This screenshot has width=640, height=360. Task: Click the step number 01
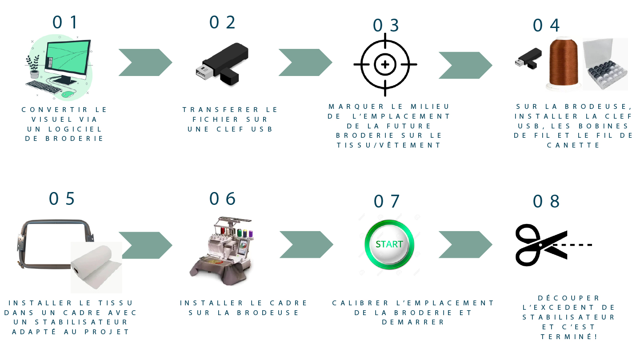65,22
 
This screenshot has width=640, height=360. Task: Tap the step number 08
546,201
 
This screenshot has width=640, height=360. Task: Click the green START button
389,244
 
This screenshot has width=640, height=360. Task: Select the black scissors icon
541,245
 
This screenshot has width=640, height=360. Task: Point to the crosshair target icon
385,65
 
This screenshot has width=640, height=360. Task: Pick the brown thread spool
564,63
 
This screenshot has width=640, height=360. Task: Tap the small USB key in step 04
528,58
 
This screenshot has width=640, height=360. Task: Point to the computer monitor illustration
67,60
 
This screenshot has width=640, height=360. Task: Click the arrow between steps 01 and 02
145,63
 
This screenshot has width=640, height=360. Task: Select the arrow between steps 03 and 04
465,65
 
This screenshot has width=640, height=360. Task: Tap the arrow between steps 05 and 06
146,245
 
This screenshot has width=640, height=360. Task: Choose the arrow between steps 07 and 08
465,244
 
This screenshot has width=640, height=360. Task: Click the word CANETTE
573,145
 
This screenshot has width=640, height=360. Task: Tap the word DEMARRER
413,322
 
